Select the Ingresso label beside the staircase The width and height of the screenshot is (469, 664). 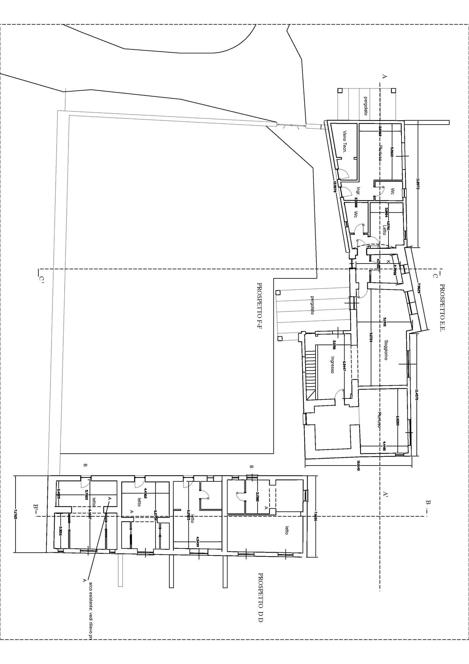(x=332, y=365)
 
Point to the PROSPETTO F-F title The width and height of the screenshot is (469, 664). (x=259, y=305)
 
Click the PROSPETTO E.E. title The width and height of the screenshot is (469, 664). (x=441, y=308)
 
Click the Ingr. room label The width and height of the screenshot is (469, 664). (x=358, y=191)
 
